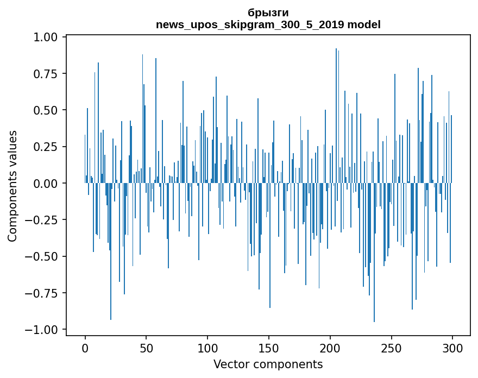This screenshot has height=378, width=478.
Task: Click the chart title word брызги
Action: pos(268,12)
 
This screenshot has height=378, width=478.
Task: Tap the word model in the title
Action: pos(364,24)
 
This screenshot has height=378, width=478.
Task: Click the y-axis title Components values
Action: pos(12,186)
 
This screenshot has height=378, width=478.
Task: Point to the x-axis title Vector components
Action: pos(268,364)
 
